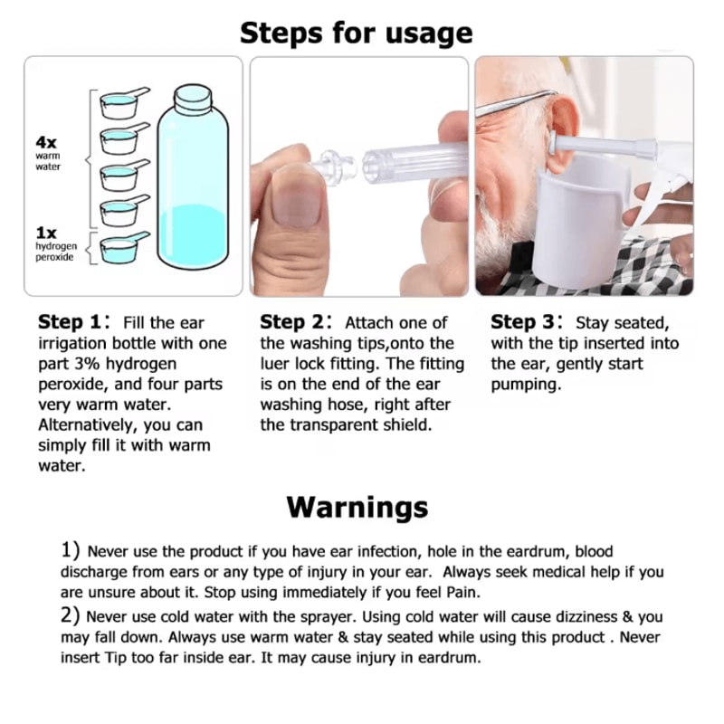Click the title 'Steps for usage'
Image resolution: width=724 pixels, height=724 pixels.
[356, 33]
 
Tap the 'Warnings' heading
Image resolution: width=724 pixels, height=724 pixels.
[357, 508]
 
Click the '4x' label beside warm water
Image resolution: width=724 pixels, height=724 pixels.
[46, 142]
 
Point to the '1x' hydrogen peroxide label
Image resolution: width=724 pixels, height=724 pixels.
[46, 233]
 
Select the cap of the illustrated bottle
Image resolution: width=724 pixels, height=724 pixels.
[193, 99]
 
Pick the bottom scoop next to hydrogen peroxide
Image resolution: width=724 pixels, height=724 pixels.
[124, 247]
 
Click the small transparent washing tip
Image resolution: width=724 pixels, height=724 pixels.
[335, 167]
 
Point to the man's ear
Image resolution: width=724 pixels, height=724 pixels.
[560, 131]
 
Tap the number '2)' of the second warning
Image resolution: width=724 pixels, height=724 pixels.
[71, 615]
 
